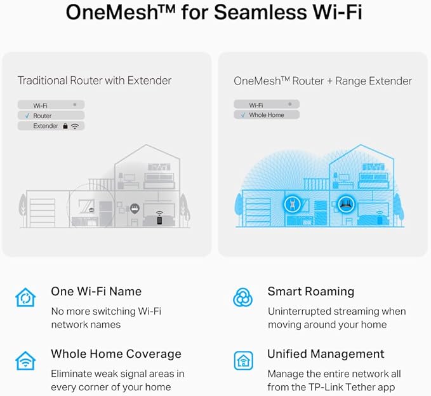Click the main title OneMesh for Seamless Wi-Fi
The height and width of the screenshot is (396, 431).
pos(214,12)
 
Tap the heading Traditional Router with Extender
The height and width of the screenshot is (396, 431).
pos(95,81)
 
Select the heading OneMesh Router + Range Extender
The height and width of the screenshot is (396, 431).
pos(322,81)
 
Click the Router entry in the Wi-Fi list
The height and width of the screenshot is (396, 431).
pos(43,116)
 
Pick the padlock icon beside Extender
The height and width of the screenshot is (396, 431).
pos(65,126)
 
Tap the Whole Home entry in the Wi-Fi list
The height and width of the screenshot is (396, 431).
pos(267,115)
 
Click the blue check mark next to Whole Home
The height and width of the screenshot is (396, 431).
pos(242,115)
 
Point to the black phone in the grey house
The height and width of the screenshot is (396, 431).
pos(159,220)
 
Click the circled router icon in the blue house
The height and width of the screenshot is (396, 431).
pos(346,204)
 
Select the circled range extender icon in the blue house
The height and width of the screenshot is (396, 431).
pos(291,204)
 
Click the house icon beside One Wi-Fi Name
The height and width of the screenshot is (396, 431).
pos(25,297)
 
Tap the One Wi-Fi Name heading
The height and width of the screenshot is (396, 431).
pos(96,291)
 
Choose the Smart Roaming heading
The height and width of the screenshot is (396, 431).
pos(311,291)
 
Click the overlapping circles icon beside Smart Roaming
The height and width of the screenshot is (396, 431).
pos(242,297)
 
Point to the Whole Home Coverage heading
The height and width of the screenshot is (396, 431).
pos(116,354)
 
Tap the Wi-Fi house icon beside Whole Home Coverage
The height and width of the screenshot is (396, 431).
pos(25,360)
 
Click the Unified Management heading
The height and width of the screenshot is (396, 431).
pos(326,354)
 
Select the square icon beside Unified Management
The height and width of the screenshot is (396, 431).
pos(243,360)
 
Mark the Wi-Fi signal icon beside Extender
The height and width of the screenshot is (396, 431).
pos(75,126)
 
